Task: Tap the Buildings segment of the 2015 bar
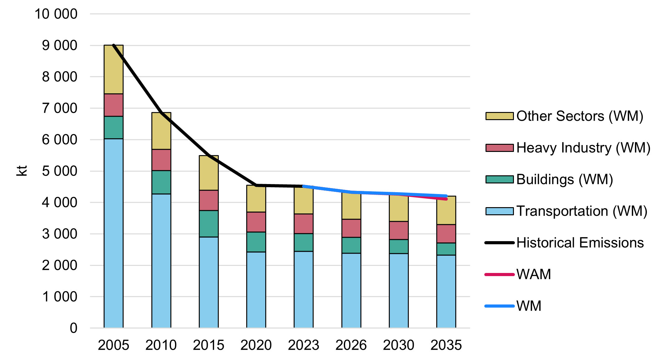click(x=208, y=224)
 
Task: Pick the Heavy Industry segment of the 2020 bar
click(x=256, y=222)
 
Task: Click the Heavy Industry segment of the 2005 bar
click(x=113, y=105)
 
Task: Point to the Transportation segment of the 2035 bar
click(x=446, y=291)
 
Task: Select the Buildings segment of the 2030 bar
click(x=398, y=246)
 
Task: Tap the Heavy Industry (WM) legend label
click(x=583, y=148)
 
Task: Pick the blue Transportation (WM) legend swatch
click(x=499, y=211)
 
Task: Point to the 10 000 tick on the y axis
click(x=56, y=14)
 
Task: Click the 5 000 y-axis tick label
click(x=59, y=171)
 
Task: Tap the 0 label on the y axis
click(x=73, y=328)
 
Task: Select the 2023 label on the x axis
click(x=303, y=345)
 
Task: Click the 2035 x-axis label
click(x=446, y=345)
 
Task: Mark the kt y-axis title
click(x=22, y=171)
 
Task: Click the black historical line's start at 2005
click(x=114, y=46)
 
